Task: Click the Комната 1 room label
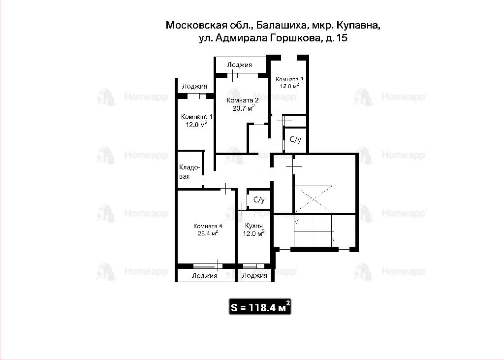click(196, 117)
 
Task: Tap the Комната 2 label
click(243, 100)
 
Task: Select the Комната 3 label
click(289, 79)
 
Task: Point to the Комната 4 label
click(208, 226)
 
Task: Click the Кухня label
click(253, 226)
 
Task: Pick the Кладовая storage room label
click(189, 172)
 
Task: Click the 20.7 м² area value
click(243, 108)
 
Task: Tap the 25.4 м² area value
click(208, 233)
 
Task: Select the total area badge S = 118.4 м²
click(260, 307)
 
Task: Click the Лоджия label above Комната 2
click(240, 65)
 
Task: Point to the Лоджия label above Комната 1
click(194, 86)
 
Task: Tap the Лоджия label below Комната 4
click(204, 276)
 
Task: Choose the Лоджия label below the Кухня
click(254, 275)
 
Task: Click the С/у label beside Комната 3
click(295, 139)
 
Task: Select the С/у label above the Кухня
click(259, 200)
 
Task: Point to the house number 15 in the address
click(343, 38)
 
